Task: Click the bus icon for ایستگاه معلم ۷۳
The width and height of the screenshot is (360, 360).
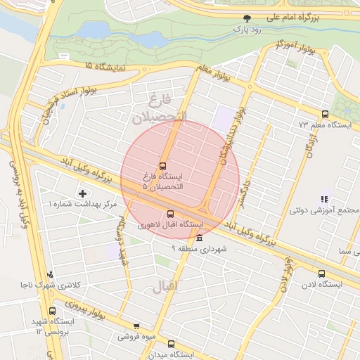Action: (325, 114)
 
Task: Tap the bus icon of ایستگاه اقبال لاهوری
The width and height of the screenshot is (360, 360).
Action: (170, 214)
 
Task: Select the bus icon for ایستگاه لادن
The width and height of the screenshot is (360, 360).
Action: (321, 274)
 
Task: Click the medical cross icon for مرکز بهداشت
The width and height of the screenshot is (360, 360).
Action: (83, 193)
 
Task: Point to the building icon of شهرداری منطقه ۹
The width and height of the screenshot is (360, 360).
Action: (200, 238)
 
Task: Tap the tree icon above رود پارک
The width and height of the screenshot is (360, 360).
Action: (246, 19)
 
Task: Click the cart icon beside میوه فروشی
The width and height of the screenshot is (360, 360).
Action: (136, 326)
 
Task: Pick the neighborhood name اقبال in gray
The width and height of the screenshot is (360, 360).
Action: (166, 286)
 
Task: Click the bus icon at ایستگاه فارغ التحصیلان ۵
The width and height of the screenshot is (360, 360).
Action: (163, 166)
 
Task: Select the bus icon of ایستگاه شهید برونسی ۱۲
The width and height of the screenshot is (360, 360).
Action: (52, 311)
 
